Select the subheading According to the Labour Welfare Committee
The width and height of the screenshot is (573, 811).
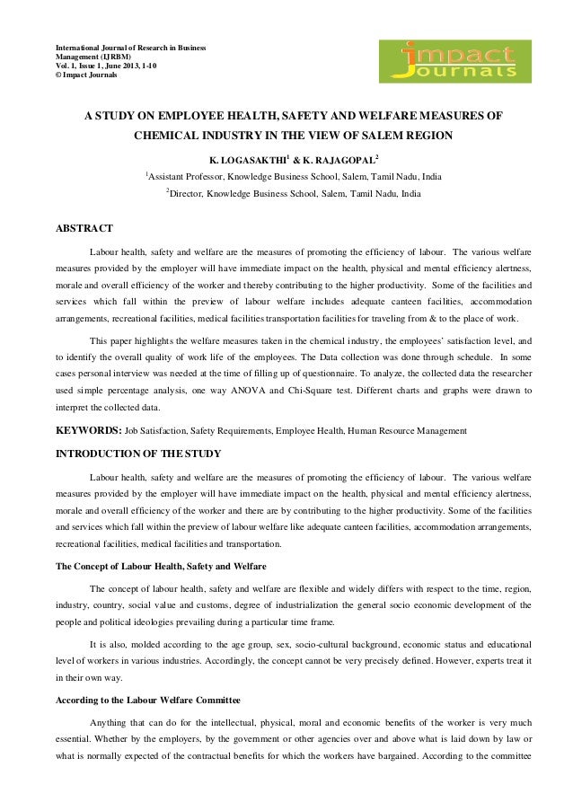(x=148, y=698)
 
